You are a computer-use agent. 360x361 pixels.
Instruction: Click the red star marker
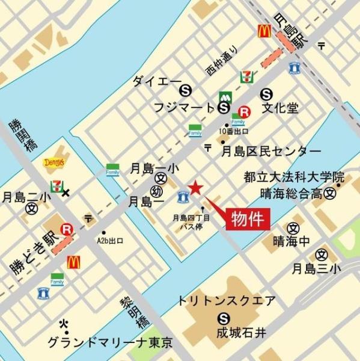click(196, 188)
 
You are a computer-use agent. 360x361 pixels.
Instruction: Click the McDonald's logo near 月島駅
click(263, 31)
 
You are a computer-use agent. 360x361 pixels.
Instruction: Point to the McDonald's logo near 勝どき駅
click(74, 262)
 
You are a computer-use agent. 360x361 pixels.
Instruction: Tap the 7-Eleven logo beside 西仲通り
click(246, 76)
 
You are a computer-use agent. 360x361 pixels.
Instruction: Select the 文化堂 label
click(280, 110)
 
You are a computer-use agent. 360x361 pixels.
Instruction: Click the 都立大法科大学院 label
click(294, 178)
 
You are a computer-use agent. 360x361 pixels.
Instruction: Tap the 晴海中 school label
click(292, 241)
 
